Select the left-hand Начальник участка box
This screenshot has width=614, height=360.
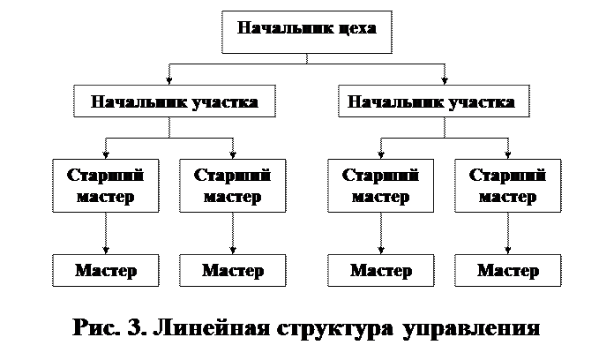coord(174,101)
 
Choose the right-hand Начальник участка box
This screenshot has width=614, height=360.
coord(433,101)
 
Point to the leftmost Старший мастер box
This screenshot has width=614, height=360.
coord(106,185)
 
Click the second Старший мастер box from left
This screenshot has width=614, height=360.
coord(232,185)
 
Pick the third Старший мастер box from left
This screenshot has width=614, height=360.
coord(380,185)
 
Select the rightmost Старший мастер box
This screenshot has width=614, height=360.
coord(507,185)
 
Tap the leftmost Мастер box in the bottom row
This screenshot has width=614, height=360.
coord(106,270)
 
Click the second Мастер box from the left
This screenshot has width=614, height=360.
coord(232,270)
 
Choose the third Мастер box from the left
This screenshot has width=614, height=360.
coord(380,270)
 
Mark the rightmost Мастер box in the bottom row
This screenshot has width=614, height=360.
coord(507,270)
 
